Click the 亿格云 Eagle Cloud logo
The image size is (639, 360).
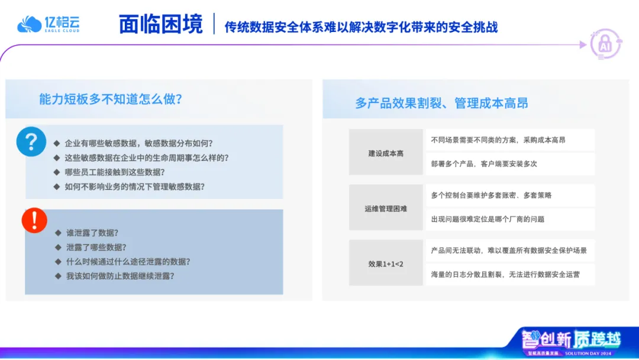49,24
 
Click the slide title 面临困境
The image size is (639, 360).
160,24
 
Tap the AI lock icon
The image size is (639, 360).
606,44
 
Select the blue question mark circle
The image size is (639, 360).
31,142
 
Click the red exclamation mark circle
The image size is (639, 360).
34,221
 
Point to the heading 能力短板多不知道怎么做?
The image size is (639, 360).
111,99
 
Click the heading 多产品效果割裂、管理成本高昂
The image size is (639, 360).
441,103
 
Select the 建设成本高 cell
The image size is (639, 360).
386,152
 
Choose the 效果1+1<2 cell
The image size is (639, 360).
386,263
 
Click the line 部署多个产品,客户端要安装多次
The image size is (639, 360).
484,164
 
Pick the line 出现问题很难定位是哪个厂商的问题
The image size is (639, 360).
488,219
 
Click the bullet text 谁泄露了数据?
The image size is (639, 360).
92,233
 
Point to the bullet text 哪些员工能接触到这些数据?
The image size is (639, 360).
115,172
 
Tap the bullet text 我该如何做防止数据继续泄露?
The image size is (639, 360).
120,276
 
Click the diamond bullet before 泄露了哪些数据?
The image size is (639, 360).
58,247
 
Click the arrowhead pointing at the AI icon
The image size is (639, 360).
583,45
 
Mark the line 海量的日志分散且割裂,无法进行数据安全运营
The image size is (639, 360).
505,275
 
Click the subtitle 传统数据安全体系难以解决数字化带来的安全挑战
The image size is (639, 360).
361,27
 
